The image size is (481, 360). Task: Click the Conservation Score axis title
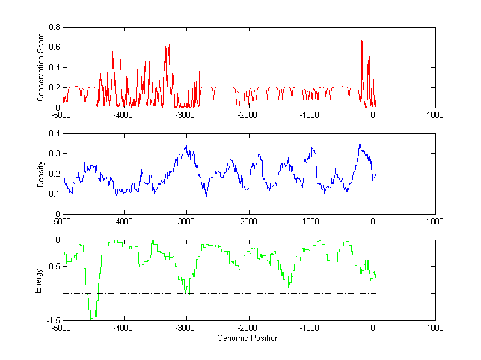41,67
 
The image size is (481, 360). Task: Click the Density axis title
41,174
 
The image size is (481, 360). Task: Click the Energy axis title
38,280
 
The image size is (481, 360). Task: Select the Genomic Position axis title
248,338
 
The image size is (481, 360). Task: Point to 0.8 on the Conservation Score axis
54,27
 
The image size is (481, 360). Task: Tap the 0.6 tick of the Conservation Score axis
54,47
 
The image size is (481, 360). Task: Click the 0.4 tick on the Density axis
54,133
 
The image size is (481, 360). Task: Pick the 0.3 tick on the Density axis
54,153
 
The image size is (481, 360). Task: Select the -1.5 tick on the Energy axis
52,320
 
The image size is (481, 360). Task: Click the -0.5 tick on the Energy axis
52,267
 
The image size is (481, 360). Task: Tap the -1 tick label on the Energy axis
55,294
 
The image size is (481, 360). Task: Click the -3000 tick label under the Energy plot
186,328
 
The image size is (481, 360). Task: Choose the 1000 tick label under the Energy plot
435,328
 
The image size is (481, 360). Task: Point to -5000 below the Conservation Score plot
61,115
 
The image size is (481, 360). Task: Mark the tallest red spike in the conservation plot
361,41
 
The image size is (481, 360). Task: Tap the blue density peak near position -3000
186,144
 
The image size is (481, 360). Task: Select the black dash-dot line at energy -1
240,293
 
